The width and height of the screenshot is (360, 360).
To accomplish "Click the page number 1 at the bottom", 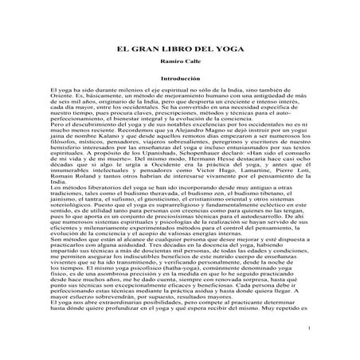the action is coord(307,327).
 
